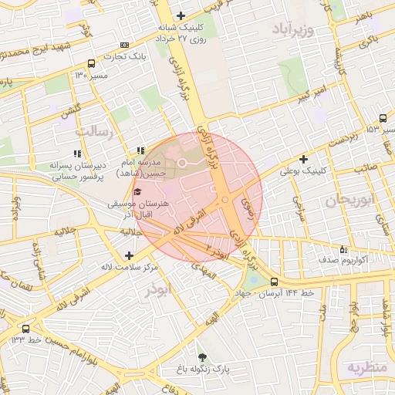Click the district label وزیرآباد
pos(294,29)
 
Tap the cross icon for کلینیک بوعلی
pos(304,159)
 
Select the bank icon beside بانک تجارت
pos(126,46)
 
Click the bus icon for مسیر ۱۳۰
pos(92,64)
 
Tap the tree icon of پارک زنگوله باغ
pos(202,357)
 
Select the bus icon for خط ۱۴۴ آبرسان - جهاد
pos(275,282)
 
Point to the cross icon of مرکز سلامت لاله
pos(128,255)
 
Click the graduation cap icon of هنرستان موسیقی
pos(137,192)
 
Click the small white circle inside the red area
pos(183,163)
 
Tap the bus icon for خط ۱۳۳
pos(26,329)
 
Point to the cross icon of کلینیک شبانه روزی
pos(181,15)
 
